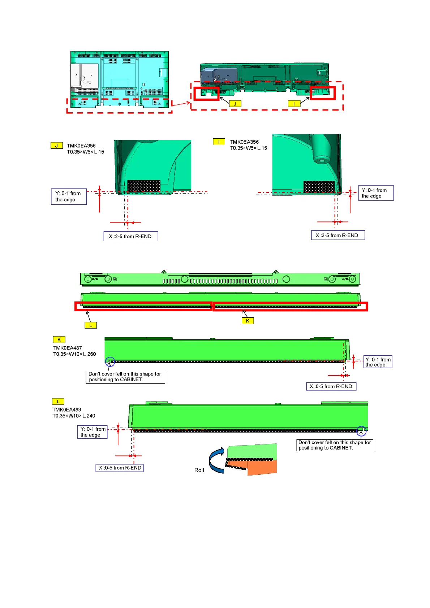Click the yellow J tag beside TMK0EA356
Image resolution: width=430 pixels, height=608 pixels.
(x=56, y=146)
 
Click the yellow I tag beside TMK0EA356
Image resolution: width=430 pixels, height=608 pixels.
(x=219, y=142)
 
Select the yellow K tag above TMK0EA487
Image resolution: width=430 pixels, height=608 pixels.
(x=59, y=339)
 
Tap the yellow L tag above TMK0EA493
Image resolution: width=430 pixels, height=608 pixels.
(x=58, y=401)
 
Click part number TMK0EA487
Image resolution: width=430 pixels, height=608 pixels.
(x=68, y=348)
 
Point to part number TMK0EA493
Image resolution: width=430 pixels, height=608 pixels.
(x=67, y=410)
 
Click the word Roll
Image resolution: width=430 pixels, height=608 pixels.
(x=199, y=470)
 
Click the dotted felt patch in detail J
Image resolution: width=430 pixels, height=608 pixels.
(x=144, y=186)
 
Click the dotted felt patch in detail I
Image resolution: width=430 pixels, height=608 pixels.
(x=319, y=187)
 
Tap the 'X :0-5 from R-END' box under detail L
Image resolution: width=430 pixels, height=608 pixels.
(x=120, y=468)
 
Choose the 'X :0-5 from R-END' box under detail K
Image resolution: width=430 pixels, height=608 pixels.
(x=331, y=386)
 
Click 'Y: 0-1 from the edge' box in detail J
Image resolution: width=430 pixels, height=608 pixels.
(x=69, y=196)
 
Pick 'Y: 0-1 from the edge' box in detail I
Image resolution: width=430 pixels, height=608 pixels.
(x=375, y=193)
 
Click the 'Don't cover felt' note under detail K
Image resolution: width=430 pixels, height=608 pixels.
(x=125, y=377)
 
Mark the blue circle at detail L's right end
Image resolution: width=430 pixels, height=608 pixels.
(x=361, y=430)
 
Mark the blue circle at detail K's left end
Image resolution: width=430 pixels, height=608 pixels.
(x=110, y=361)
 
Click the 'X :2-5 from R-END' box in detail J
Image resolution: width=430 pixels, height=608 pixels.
(x=130, y=236)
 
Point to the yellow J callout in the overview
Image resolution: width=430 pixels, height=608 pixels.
(x=235, y=104)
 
